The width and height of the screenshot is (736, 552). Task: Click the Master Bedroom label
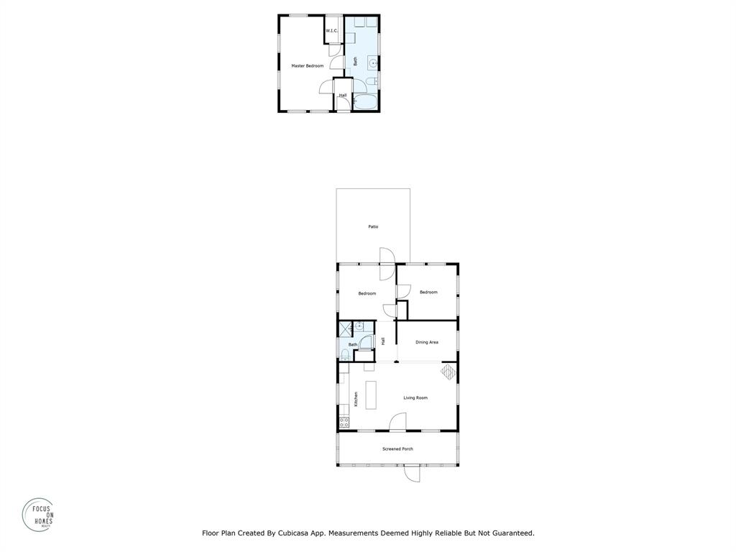click(307, 66)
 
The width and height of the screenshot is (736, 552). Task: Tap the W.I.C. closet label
click(331, 31)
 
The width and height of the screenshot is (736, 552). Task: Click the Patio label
click(373, 227)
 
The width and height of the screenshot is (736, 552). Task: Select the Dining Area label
click(427, 342)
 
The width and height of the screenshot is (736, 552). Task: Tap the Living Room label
click(415, 397)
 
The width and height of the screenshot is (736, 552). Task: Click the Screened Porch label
click(397, 449)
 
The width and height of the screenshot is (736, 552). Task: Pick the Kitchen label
click(356, 398)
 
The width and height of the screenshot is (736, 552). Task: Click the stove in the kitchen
click(344, 422)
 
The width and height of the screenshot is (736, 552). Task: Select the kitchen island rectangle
click(371, 395)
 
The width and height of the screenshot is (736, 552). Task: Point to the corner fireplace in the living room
click(448, 372)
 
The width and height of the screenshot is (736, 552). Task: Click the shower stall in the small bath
click(346, 328)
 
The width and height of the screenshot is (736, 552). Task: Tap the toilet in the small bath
click(346, 354)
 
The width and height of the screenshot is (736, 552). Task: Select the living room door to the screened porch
click(398, 423)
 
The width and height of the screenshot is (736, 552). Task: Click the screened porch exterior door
click(412, 474)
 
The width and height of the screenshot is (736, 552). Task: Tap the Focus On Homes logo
click(37, 515)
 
